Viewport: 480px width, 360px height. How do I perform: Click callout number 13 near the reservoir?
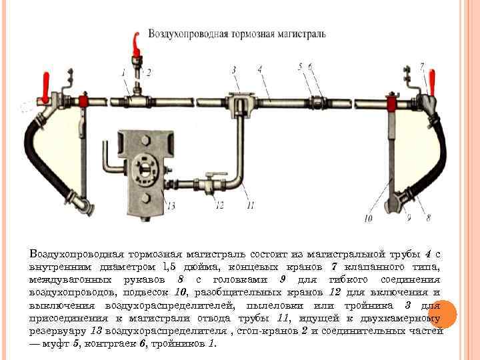[171, 205]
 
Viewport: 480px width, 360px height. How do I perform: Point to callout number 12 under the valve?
[219, 205]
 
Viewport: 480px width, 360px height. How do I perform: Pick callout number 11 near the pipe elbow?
[250, 205]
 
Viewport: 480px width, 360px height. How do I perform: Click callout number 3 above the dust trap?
[234, 69]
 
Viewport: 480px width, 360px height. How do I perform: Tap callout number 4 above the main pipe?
[259, 68]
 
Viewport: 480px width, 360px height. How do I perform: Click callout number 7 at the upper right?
[422, 65]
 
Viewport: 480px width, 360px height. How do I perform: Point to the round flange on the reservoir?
[142, 167]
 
